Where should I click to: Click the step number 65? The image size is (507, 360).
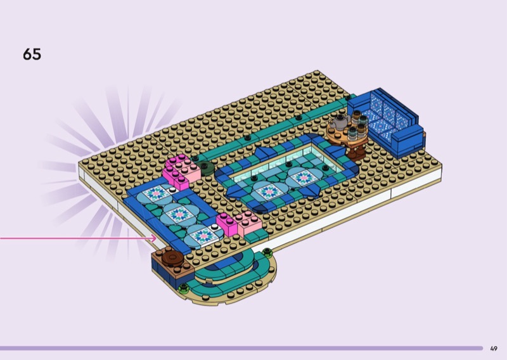32,54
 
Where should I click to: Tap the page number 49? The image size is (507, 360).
494,349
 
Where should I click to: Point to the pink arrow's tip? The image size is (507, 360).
157,239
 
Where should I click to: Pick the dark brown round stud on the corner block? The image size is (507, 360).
172,257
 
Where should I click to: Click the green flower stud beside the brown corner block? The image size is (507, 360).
184,287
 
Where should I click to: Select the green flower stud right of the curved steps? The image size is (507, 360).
267,252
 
